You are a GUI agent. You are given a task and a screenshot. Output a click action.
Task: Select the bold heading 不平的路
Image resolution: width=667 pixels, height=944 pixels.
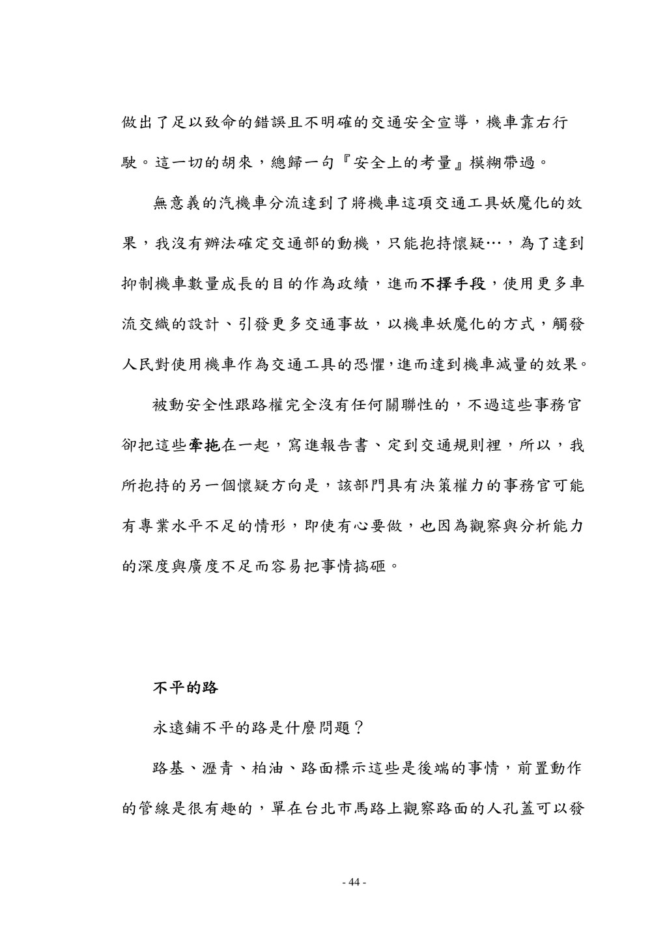tap(185, 688)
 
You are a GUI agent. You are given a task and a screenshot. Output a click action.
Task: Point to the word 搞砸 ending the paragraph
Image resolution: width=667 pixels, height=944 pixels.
tap(371, 565)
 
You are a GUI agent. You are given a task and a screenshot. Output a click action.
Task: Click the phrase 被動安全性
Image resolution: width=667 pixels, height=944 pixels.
tap(193, 406)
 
